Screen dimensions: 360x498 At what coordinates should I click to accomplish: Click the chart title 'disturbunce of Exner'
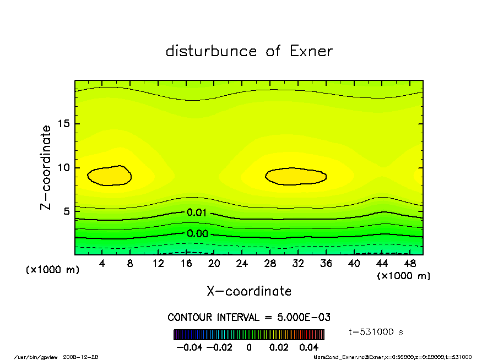tap(249, 51)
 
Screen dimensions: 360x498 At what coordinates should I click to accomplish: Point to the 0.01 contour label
tap(197, 212)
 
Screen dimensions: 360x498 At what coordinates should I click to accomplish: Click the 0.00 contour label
tap(197, 233)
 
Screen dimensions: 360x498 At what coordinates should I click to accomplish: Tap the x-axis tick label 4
tap(102, 263)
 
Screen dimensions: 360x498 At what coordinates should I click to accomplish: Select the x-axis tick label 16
tap(186, 263)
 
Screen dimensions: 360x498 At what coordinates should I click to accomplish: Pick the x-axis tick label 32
tap(298, 263)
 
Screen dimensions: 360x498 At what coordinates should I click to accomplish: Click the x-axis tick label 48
tap(409, 263)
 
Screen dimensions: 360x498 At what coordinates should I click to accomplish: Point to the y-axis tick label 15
tap(64, 124)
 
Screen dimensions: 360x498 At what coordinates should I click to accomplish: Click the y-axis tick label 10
tap(64, 168)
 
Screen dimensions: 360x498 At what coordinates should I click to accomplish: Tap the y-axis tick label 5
tap(67, 211)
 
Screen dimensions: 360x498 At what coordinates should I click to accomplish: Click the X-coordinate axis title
tap(249, 291)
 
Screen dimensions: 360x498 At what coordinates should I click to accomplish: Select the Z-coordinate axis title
tap(46, 167)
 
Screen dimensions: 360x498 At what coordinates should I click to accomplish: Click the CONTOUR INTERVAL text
tap(249, 317)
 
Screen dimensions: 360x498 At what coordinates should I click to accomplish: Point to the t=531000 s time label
tap(376, 332)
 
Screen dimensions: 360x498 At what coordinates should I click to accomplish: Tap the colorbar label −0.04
tap(187, 347)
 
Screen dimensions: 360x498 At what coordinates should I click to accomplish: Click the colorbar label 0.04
tap(309, 347)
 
